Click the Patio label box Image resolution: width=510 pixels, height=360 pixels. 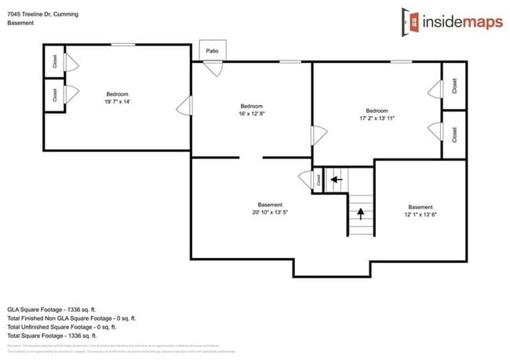point(212,51)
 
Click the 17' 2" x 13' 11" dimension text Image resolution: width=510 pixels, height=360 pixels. point(377,118)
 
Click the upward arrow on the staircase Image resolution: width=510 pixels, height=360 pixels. point(361,211)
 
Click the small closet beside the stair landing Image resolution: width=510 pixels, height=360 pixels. point(318,180)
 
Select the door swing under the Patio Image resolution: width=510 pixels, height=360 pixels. point(214,68)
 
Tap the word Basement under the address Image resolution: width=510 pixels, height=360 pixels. point(20,24)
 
